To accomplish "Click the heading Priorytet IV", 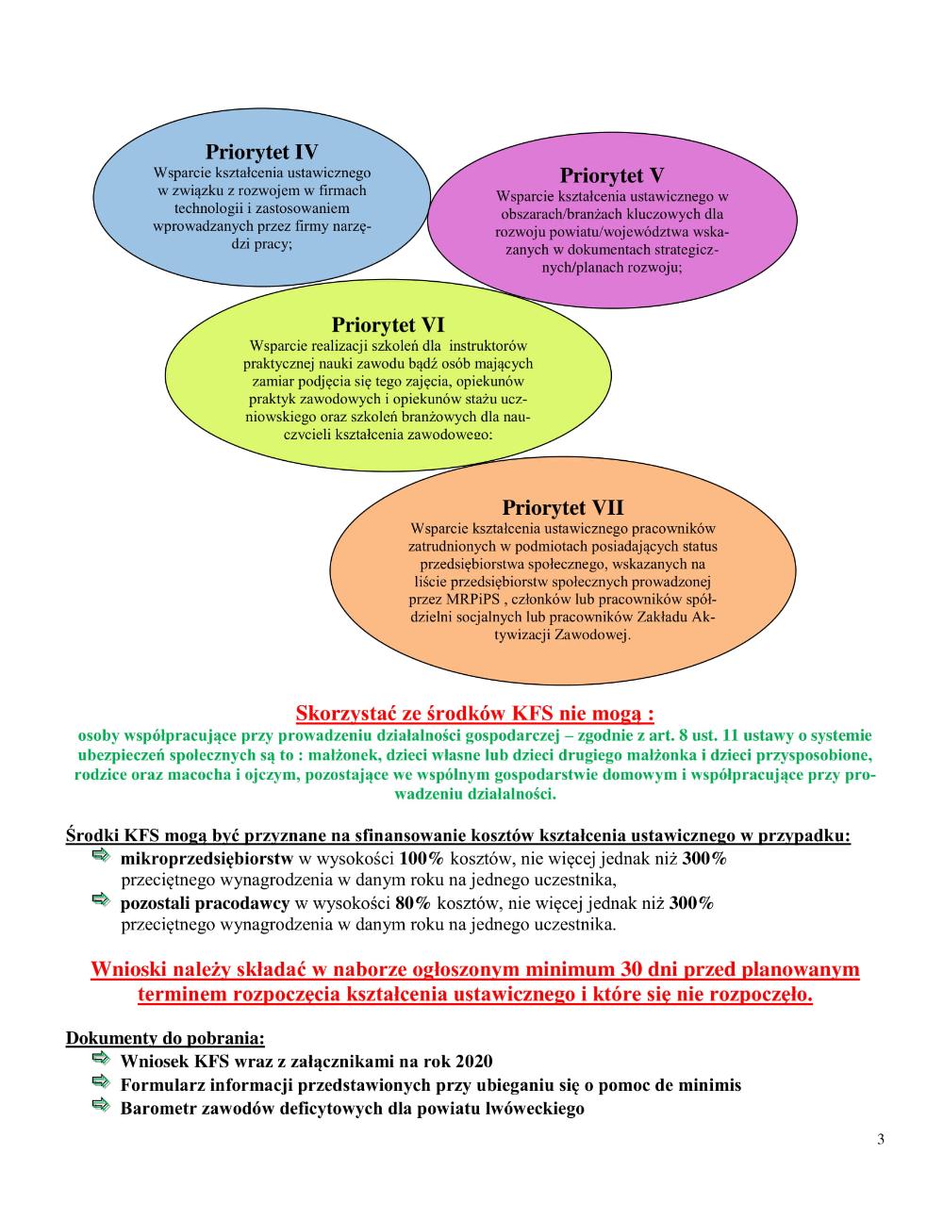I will coord(261,153).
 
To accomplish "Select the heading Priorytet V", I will coord(612,176).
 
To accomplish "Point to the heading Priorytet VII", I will coord(562,508).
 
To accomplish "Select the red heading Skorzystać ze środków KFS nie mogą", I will coord(474,713).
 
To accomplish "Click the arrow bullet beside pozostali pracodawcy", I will coord(101,902).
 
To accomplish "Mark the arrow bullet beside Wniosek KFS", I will coord(101,1060).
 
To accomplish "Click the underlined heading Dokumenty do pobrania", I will coord(165,1039).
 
